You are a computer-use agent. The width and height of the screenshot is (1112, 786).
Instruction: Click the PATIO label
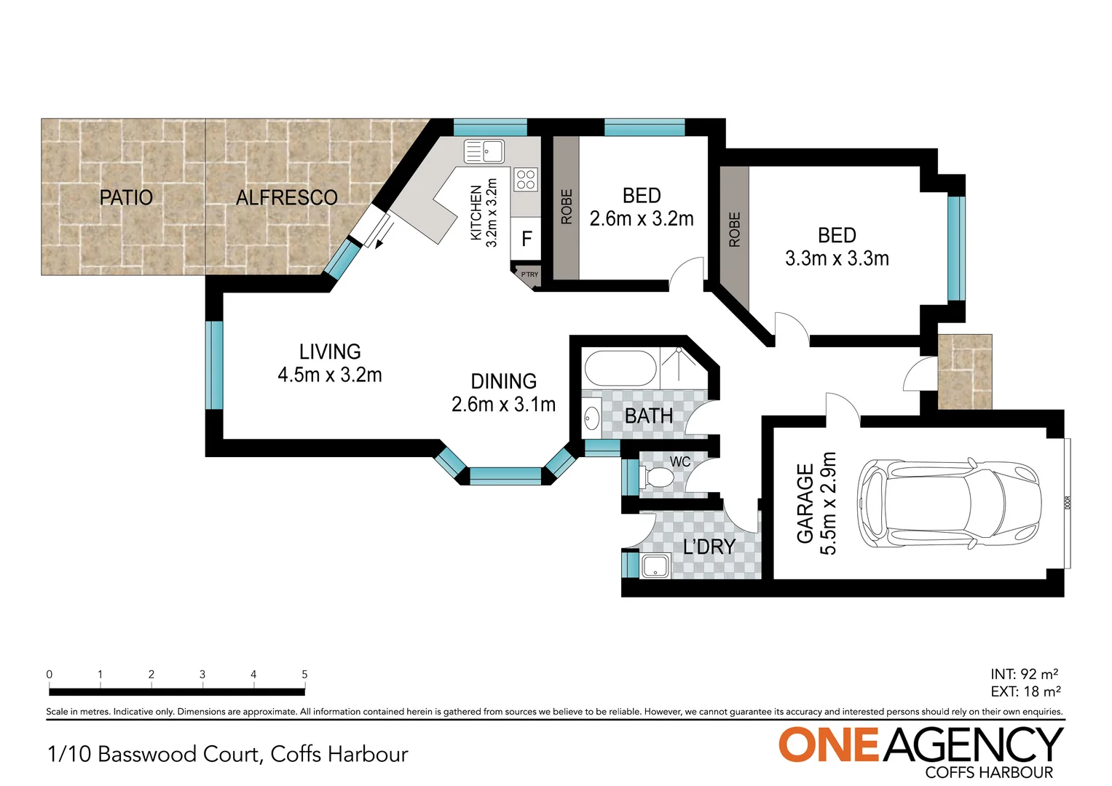[x=126, y=197]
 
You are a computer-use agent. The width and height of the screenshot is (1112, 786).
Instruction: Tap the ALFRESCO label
[x=286, y=197]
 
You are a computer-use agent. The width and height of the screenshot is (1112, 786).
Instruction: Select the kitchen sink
[x=484, y=151]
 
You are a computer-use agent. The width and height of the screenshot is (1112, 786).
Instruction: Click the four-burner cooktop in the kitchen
[x=526, y=179]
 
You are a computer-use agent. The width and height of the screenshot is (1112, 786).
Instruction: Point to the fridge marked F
[x=527, y=239]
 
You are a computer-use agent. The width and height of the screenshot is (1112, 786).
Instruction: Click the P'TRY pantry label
[x=529, y=274]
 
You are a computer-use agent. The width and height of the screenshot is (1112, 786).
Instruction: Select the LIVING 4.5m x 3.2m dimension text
[x=330, y=375]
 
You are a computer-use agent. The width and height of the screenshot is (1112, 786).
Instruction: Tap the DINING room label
[x=503, y=381]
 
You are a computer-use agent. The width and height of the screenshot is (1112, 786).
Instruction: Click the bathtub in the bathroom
[x=620, y=368]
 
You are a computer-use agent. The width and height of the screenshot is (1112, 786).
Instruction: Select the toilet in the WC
[x=658, y=478]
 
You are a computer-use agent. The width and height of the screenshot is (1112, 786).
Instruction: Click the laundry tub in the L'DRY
[x=655, y=565]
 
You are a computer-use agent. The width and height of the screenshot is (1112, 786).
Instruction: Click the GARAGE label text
[x=805, y=504]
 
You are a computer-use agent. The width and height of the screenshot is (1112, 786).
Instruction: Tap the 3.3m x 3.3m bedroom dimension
[x=837, y=258]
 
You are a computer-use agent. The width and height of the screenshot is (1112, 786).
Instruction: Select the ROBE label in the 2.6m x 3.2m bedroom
[x=567, y=207]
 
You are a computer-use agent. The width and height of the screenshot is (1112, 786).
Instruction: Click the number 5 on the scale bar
[x=304, y=675]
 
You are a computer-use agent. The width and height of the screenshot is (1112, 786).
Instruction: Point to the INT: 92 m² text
[x=1024, y=675]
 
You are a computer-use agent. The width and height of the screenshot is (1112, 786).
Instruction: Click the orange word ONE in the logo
[x=829, y=745]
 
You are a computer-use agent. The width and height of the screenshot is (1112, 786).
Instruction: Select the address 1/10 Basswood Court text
[x=227, y=754]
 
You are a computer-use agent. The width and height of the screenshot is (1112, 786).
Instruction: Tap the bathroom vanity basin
[x=592, y=418]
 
